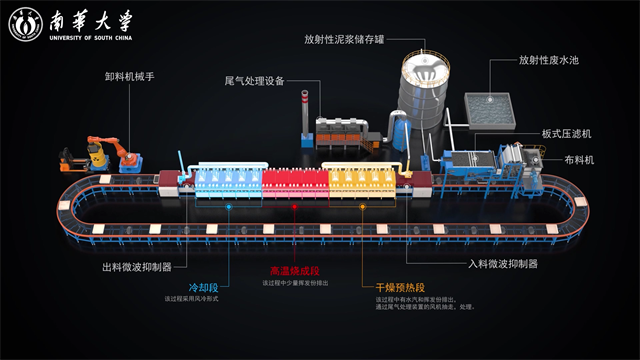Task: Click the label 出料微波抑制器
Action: [x=137, y=267]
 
